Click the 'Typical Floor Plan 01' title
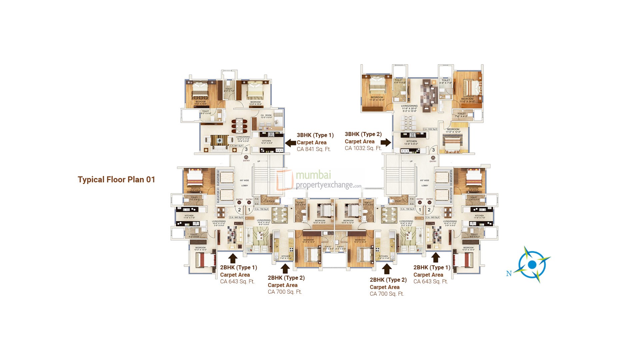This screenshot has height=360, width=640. coord(116,180)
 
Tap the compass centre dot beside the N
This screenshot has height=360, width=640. coord(532,264)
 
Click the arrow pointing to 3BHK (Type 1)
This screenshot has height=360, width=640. coord(291,143)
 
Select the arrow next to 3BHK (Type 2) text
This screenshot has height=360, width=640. coord(386,143)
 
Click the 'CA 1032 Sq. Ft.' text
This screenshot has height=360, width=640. coord(363,148)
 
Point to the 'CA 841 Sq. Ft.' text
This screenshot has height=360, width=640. coord(314,149)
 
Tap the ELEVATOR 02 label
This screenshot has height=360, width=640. coord(218,177)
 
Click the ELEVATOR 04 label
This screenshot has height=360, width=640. coord(450,196)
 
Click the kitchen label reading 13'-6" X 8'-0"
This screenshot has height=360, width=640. coord(412,142)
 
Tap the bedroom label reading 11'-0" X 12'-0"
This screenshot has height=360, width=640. coord(453,130)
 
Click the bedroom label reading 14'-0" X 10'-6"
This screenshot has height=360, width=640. coord(201,103)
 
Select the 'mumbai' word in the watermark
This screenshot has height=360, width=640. coord(313,175)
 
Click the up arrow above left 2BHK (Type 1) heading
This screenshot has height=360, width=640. coord(233,258)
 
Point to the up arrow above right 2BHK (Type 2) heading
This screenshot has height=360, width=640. coord(387,269)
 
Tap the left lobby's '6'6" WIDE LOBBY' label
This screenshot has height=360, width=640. coord(246,183)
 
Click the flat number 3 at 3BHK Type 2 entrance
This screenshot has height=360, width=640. coord(433,150)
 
